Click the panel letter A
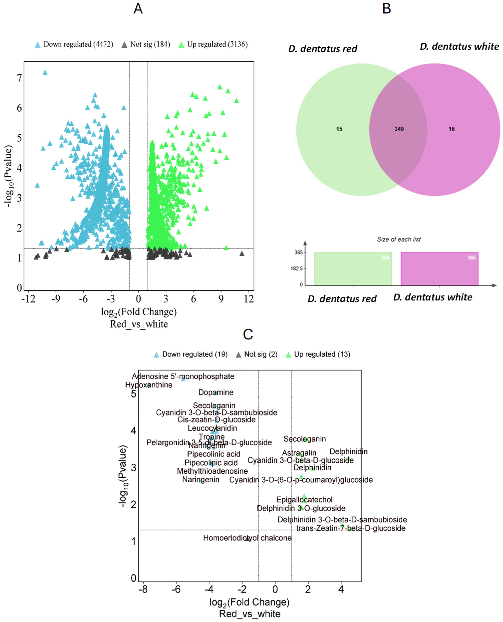coord(138,9)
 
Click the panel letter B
coord(386,9)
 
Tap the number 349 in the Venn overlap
coord(399,129)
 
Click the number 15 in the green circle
coord(339,129)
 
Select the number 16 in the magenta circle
coord(451,129)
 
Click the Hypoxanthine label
coord(149,385)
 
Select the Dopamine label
coord(216,392)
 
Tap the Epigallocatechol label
coord(304,500)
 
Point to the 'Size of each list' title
coord(398,239)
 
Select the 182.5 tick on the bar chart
coord(297,269)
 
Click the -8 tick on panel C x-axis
coord(143,589)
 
